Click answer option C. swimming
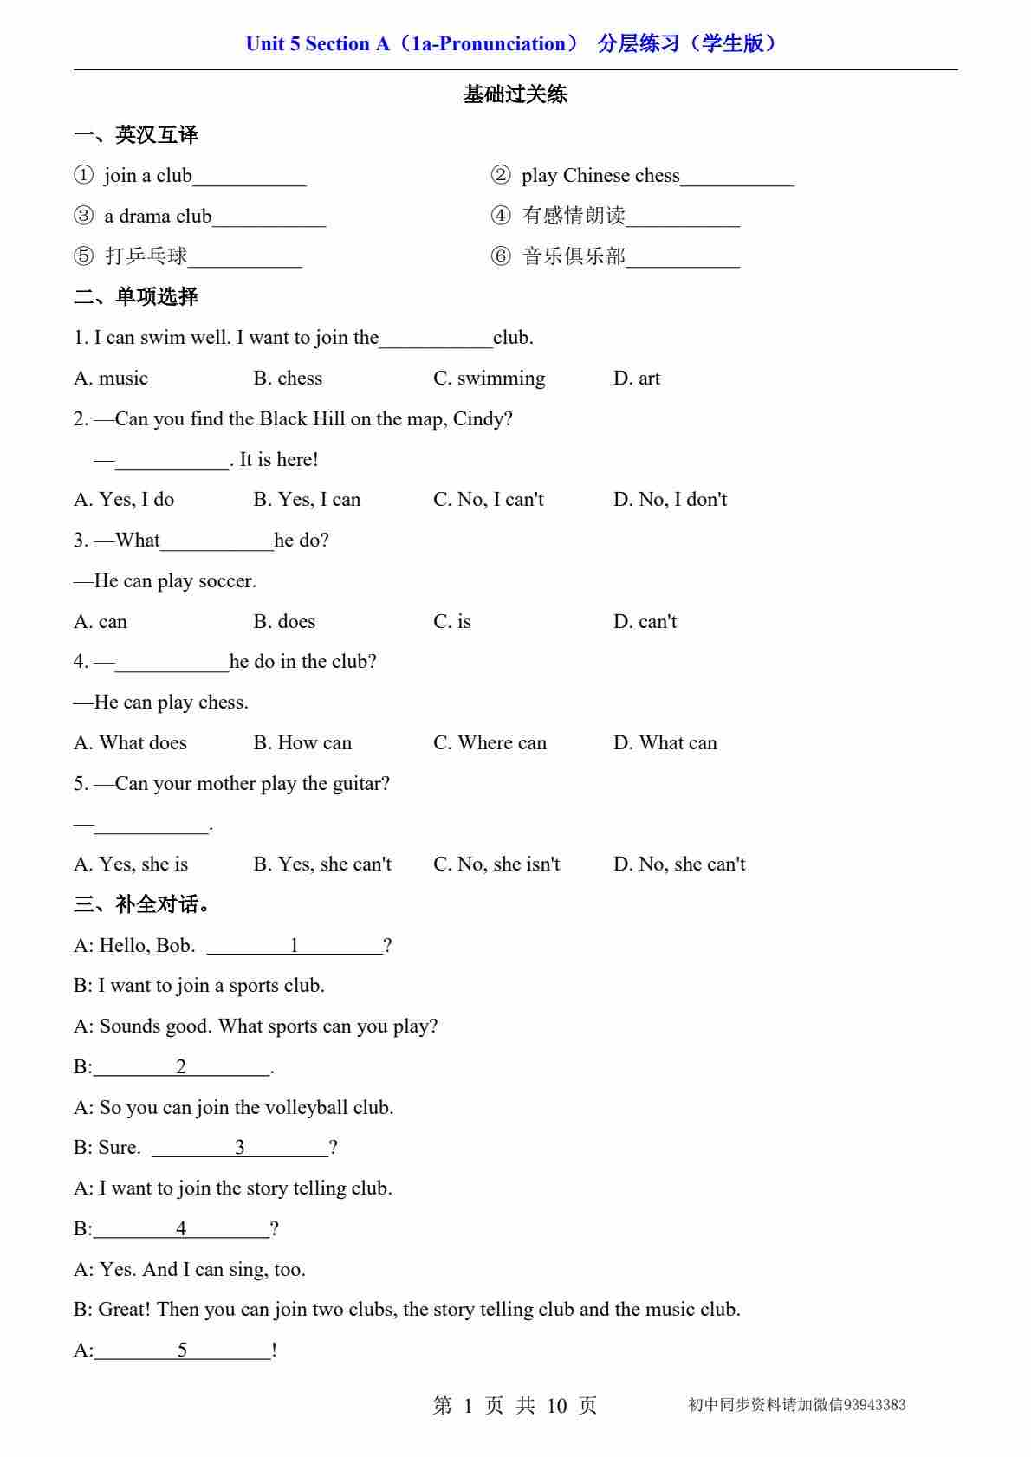point(490,379)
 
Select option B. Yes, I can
point(307,500)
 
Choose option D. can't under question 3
point(645,622)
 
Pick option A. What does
point(130,743)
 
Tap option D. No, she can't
point(679,864)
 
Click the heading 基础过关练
point(515,94)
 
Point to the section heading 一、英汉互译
point(136,135)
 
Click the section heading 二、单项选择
point(136,297)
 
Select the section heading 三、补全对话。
point(142,905)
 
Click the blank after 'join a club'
point(250,178)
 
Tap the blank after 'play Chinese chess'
point(737,178)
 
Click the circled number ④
point(501,216)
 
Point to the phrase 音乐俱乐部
point(574,256)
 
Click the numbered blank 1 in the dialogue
point(295,946)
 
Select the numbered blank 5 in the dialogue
point(182,1350)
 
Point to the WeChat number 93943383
point(874,1405)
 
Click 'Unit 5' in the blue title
point(273,44)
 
